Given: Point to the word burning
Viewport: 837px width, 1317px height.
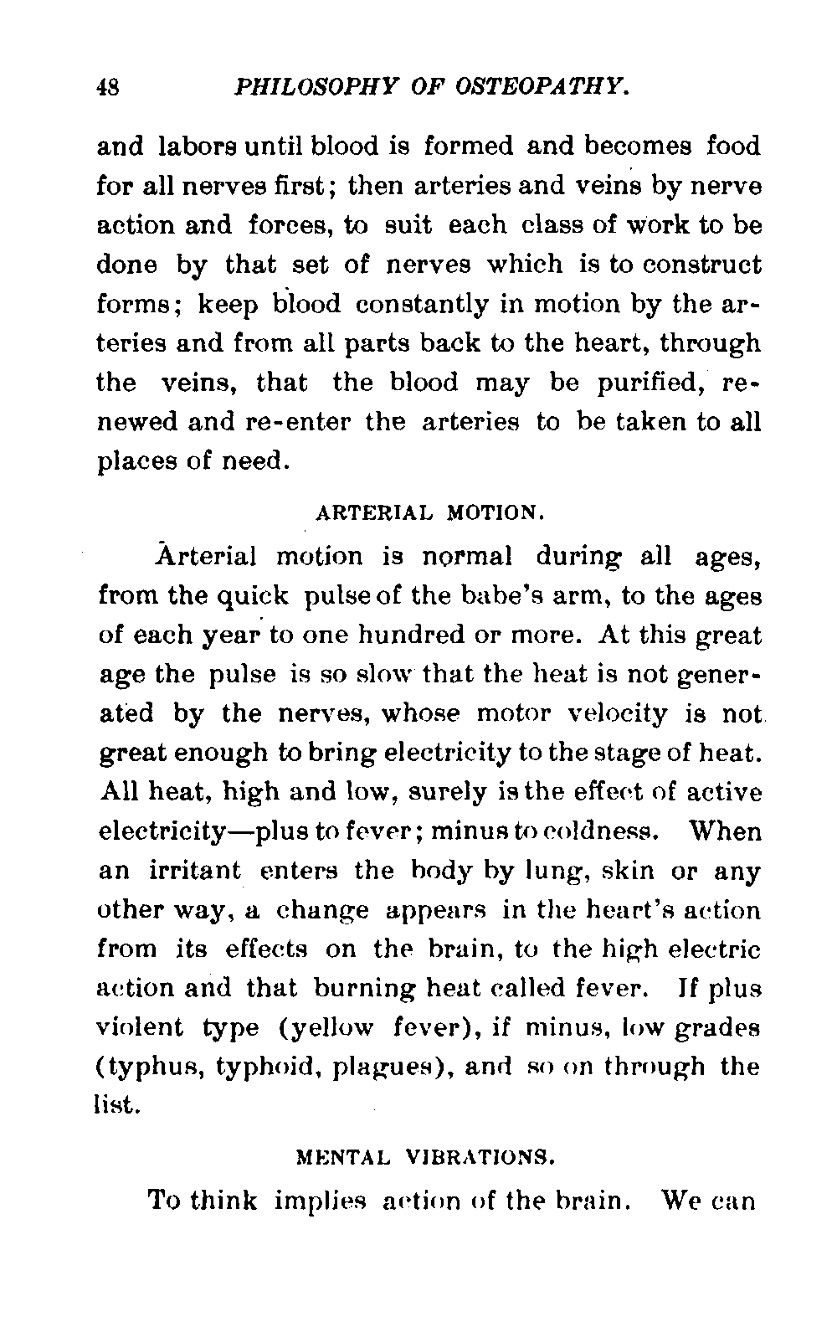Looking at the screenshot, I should coord(362,989).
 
